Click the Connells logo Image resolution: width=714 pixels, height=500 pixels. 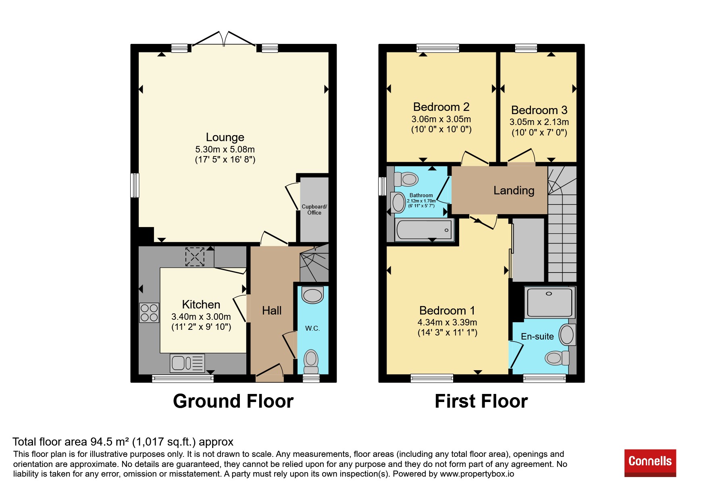pos(650,463)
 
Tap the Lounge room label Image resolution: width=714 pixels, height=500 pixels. pos(225,137)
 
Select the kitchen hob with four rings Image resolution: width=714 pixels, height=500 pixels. pos(149,312)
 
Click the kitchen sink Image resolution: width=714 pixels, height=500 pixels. pos(187,363)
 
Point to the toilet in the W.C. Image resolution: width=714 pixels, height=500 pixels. pos(311,361)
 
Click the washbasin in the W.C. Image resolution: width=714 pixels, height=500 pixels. pos(312,295)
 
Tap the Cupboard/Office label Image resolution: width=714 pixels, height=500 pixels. pos(314,210)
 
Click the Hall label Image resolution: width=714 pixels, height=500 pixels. pos(272,310)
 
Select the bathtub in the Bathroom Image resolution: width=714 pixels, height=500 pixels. pos(424,229)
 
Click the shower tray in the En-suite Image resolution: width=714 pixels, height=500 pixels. pos(550,302)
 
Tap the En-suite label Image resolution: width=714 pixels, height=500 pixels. pos(537,336)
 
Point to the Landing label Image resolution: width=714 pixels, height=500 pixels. pos(514,190)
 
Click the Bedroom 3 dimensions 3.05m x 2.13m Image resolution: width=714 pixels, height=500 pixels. pos(539,122)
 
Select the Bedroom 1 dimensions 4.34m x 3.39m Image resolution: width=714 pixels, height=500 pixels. pos(447,322)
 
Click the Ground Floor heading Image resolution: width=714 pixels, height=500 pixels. pos(233,401)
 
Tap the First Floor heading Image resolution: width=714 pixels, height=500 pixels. pos(481,401)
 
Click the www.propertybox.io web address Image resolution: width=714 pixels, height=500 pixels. pos(477,474)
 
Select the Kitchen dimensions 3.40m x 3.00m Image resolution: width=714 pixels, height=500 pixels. pos(201,317)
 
